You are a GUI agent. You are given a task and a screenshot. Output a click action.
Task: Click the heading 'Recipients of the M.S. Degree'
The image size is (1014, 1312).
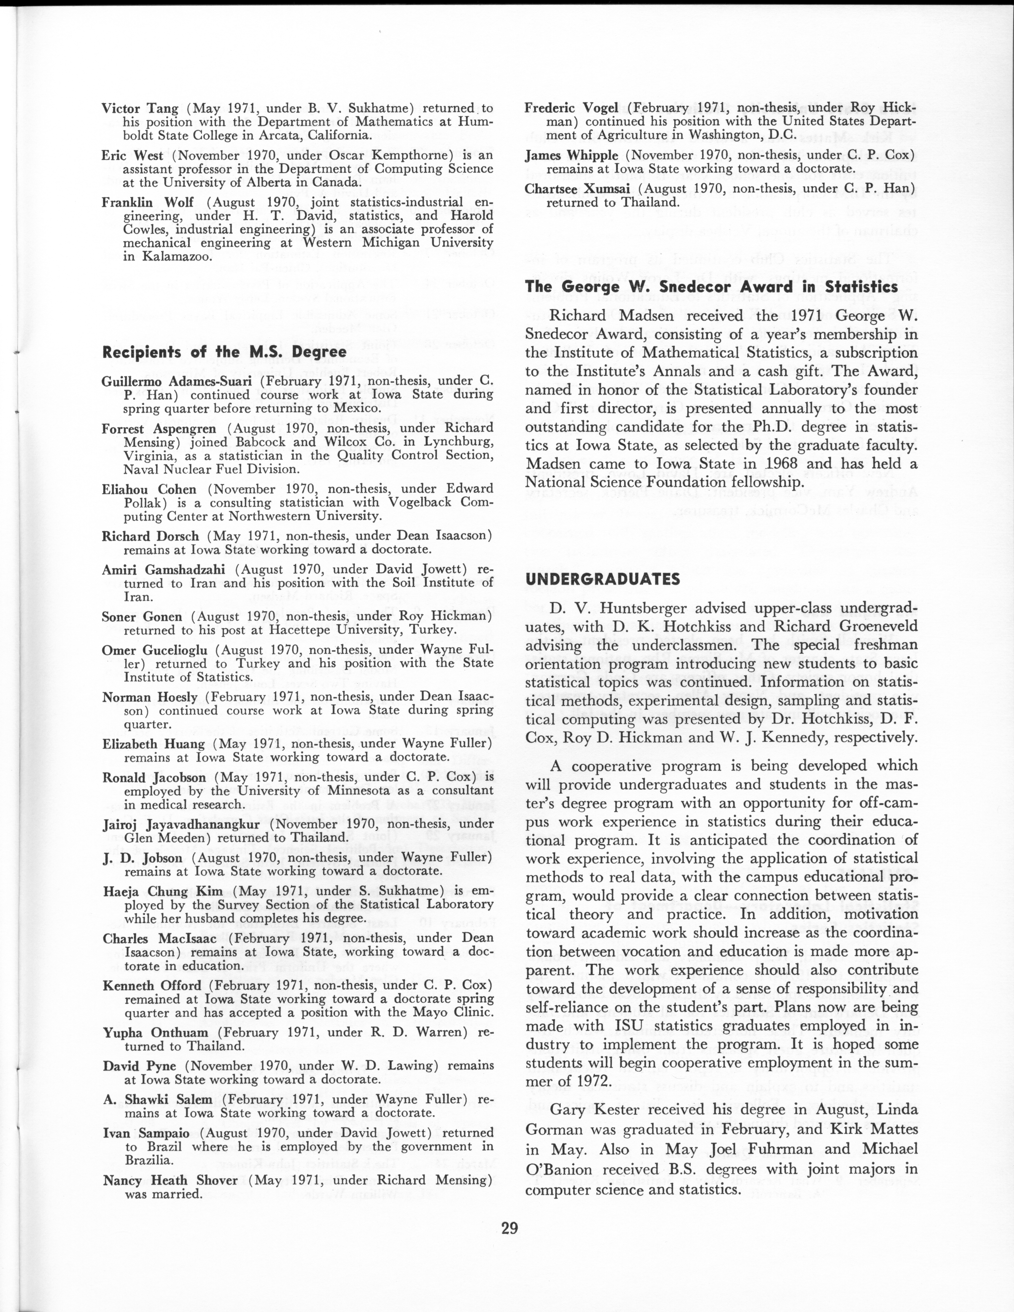point(224,352)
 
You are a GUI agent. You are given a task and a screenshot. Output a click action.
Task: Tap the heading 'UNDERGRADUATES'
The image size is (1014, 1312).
point(602,579)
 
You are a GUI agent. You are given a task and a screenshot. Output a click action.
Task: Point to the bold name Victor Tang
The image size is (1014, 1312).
point(140,109)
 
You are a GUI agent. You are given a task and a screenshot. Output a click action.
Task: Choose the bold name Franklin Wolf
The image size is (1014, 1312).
point(148,202)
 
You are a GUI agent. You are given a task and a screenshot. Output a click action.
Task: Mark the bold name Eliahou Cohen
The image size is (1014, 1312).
point(149,489)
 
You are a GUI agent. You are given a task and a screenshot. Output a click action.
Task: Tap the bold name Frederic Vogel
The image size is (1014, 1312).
point(571,108)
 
